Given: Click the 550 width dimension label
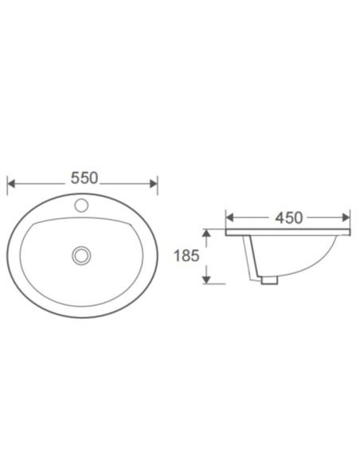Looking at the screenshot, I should [x=84, y=178].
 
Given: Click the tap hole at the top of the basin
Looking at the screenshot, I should [x=81, y=205].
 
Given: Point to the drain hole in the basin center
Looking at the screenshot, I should [x=80, y=256].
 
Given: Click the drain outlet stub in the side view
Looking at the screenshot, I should [x=268, y=279].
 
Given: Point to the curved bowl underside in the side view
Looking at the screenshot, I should [x=307, y=267].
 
